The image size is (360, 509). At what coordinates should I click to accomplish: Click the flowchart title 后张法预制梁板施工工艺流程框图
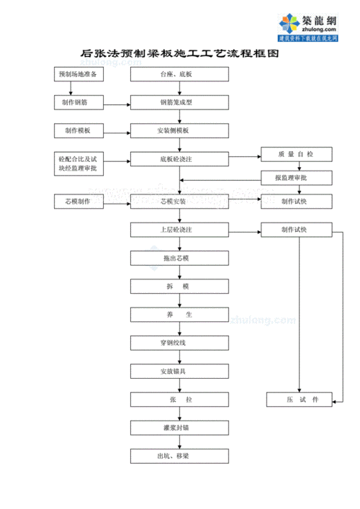(x=179, y=54)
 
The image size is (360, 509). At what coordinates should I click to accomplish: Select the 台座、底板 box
(x=176, y=74)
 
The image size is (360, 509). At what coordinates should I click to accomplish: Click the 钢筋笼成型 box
(x=176, y=102)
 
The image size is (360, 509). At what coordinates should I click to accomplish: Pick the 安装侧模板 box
(x=176, y=130)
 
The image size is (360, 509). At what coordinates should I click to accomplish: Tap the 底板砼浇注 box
(x=176, y=158)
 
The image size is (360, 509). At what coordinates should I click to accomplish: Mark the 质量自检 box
(x=296, y=154)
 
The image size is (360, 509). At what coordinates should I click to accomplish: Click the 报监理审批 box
(x=296, y=177)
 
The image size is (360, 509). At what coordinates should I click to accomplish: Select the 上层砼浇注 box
(x=176, y=230)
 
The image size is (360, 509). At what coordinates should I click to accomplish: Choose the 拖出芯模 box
(x=176, y=258)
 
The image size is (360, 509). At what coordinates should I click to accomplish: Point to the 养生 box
(x=176, y=315)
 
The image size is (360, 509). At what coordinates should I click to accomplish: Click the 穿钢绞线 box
(x=176, y=343)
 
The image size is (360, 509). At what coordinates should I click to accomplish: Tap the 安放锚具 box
(x=176, y=371)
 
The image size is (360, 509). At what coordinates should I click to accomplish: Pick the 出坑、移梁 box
(x=176, y=456)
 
